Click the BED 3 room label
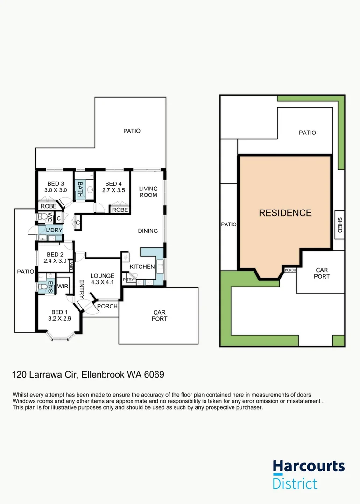pos(56,183)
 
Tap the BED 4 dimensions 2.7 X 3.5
pos(113,190)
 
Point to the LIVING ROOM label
pos(148,192)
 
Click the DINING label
pos(148,231)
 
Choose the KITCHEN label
pos(142,266)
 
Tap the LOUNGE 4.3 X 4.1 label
pos(102,279)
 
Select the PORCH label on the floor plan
pos(107,306)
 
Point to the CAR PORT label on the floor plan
pos(160,315)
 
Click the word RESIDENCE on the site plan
pos(285,213)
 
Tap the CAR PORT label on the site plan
pos(322,273)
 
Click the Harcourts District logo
pos(309,474)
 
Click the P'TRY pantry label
pos(128,280)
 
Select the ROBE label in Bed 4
pos(120,210)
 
